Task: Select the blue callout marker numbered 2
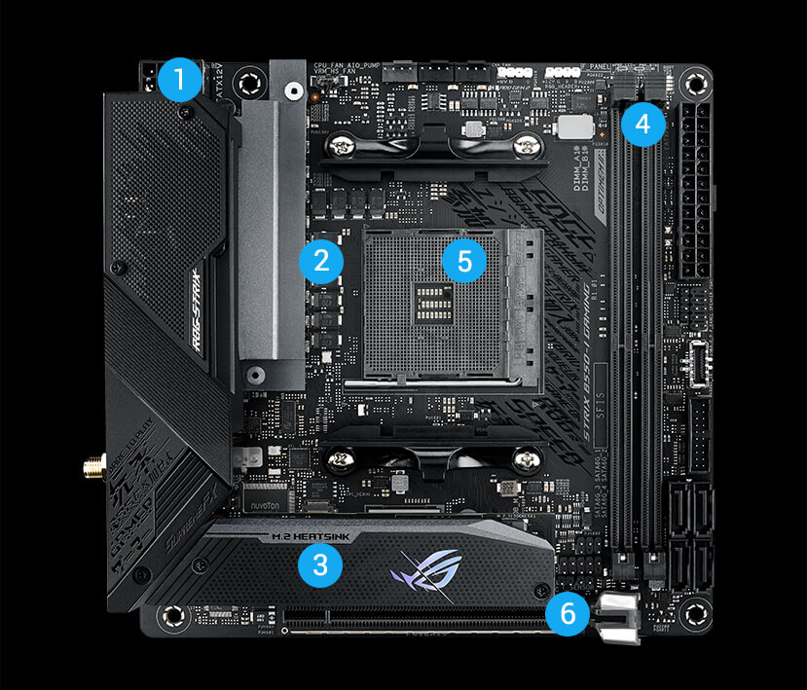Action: tap(321, 260)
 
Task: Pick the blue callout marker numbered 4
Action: tap(642, 123)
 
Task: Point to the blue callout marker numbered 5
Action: tap(463, 260)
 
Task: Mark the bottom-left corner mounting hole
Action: tap(172, 615)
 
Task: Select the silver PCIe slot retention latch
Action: tap(617, 617)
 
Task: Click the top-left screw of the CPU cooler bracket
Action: tap(340, 147)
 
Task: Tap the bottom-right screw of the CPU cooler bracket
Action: tap(529, 458)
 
